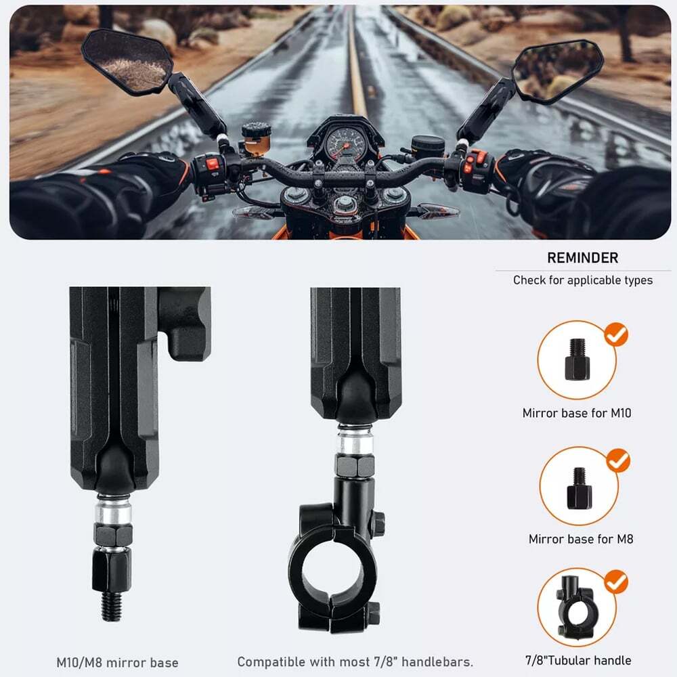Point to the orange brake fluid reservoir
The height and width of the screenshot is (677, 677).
256,139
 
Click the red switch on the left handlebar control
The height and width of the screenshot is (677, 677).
213,164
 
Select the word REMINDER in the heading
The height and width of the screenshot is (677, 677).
582,258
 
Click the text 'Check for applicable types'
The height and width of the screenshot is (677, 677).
583,280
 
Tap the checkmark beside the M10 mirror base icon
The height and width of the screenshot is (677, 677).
616,334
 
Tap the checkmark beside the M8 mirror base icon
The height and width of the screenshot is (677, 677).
618,460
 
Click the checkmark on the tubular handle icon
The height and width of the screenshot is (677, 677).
615,582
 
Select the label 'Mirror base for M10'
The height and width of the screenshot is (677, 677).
577,413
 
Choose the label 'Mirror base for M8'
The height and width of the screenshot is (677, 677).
581,539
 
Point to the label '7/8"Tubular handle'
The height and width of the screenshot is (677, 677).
578,660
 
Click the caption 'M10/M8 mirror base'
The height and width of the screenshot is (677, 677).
117,663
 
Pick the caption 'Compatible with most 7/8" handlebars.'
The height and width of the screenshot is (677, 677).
355,662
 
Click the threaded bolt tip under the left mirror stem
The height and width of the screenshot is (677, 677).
112,607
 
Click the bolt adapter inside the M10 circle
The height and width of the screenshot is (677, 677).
577,359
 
